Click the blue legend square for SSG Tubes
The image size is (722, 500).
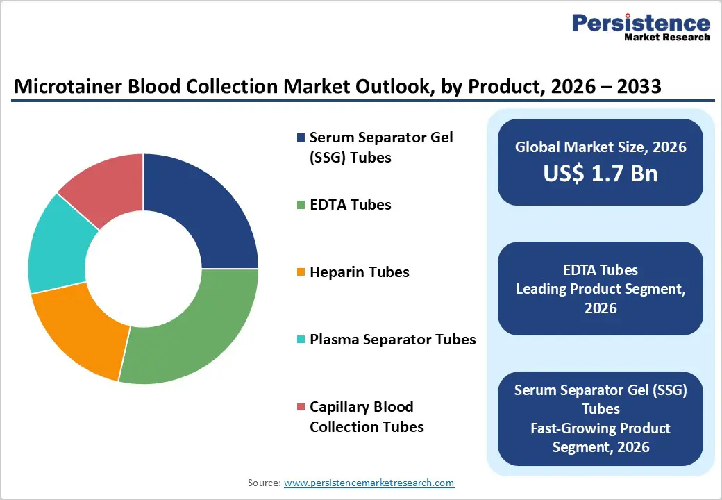coord(300,137)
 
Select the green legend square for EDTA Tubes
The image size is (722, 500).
coord(300,205)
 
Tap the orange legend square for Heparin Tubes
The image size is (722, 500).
coord(300,272)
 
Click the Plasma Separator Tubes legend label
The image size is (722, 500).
coord(392,340)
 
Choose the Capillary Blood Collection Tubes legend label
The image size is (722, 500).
coord(366,417)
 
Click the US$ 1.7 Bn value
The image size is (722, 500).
coord(601,173)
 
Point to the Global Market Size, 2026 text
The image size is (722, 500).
coord(601,147)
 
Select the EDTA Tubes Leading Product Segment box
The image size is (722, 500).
coord(601,288)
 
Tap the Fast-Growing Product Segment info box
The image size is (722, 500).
coord(601,419)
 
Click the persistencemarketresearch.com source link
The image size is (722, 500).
coord(369,483)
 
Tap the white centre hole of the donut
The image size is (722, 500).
coord(143,268)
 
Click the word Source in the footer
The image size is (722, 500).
coord(262,483)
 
